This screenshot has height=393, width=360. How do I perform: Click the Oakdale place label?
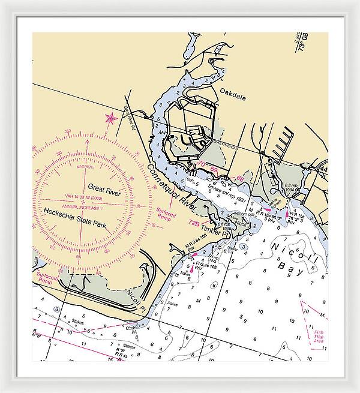pos(233,92)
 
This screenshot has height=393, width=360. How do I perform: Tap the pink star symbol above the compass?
pos(110,118)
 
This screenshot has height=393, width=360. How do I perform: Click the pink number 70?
pos(201,164)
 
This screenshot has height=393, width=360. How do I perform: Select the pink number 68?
pos(240,178)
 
